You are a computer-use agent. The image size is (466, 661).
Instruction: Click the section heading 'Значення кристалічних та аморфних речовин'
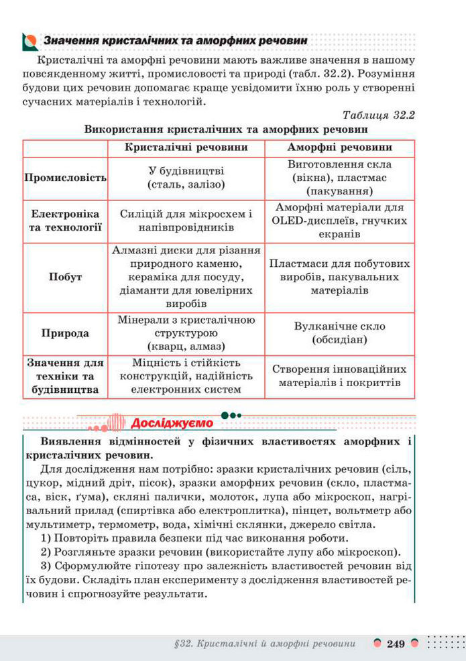(176, 41)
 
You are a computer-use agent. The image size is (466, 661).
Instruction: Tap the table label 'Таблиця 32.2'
(378, 115)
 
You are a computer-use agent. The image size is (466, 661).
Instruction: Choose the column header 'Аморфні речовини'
(339, 147)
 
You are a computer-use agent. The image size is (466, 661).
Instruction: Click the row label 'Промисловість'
(65, 178)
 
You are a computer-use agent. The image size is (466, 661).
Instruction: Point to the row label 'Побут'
(65, 277)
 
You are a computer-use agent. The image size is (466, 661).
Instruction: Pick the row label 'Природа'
(65, 333)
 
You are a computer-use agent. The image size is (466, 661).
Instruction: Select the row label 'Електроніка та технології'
(65, 221)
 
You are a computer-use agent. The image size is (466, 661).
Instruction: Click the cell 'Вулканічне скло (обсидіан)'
(339, 333)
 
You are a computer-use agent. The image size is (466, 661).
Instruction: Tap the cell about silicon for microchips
(186, 221)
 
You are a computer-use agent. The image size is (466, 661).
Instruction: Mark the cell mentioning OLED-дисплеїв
(339, 221)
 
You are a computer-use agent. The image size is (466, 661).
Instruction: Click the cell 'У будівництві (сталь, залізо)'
(186, 178)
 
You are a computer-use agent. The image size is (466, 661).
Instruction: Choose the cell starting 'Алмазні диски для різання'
(186, 277)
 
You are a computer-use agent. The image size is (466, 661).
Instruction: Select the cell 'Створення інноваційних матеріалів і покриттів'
(339, 376)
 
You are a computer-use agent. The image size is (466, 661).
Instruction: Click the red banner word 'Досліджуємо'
(172, 423)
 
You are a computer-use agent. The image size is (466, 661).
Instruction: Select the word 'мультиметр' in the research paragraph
(56, 526)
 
